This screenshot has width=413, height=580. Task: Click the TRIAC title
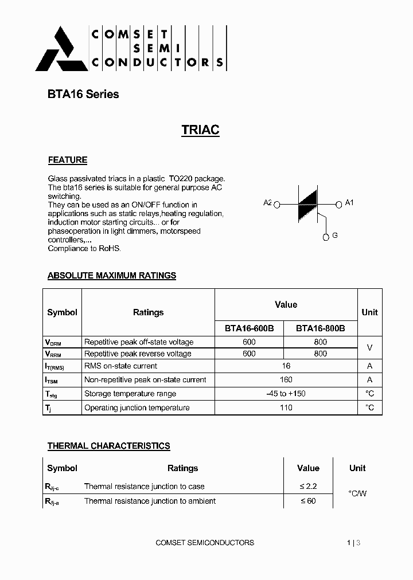200,130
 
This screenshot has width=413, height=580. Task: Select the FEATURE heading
67,160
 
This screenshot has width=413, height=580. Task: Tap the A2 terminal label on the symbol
267,203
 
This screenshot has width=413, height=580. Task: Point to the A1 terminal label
350,202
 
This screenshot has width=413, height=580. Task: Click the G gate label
335,235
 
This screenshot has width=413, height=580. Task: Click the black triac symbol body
307,203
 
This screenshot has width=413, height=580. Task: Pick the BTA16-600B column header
249,328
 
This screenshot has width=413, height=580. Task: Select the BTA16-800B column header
320,328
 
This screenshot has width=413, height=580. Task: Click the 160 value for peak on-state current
286,379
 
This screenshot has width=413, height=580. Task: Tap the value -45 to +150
286,394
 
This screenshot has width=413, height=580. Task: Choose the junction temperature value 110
286,407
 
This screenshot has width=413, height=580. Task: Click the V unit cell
369,348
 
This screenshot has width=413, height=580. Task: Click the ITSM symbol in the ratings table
53,380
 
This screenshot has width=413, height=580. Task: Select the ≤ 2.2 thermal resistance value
308,486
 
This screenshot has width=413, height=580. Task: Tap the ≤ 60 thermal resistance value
308,501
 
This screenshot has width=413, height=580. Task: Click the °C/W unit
357,493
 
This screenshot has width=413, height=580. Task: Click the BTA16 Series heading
83,94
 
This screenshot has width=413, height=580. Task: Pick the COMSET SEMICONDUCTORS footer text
205,542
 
